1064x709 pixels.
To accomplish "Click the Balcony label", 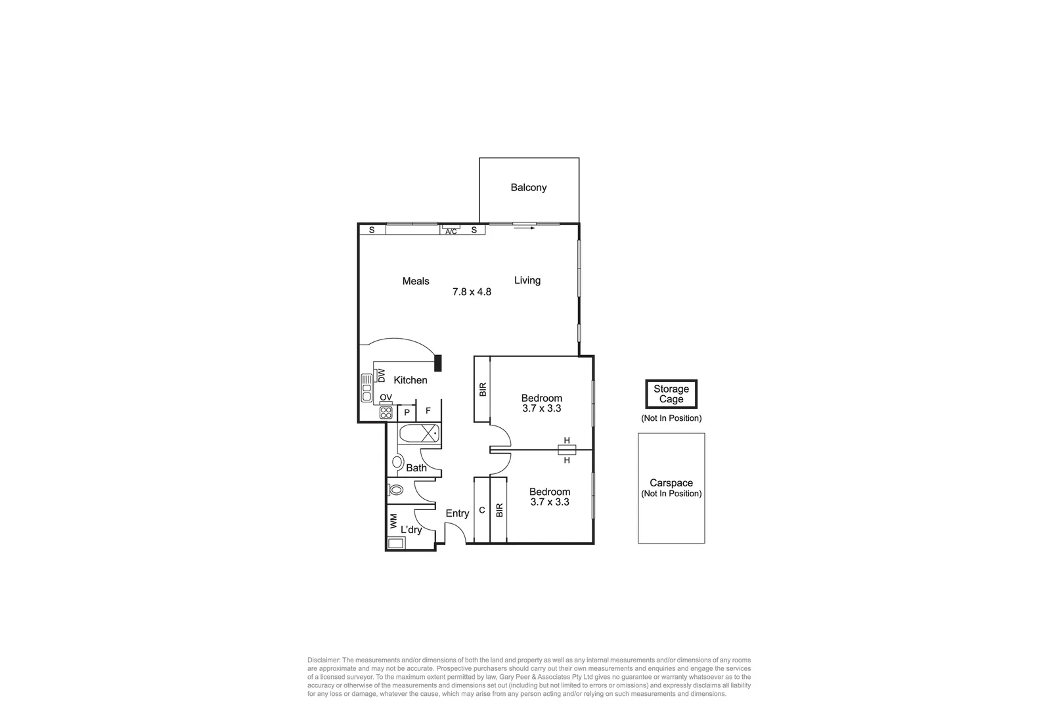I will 528,188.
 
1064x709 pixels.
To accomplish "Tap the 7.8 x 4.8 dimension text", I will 472,291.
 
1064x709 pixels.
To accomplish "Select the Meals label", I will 416,281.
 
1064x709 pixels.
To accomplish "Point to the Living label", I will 527,280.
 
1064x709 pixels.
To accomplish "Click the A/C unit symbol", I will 451,230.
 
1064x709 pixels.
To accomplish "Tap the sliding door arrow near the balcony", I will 524,228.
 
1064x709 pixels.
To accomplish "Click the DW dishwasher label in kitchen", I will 381,376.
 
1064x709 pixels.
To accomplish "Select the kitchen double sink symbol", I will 366,388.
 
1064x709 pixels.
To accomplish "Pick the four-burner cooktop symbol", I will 386,413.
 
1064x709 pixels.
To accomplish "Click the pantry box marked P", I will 407,412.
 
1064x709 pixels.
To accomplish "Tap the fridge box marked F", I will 428,412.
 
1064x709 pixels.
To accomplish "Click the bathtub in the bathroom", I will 419,433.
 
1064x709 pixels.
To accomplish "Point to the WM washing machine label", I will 393,522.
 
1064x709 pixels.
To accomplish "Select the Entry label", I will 457,513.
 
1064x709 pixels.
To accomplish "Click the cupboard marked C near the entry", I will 481,510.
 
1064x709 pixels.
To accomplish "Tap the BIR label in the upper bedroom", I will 483,389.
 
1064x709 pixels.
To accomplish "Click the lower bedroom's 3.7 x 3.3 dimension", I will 550,502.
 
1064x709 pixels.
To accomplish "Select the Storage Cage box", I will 671,395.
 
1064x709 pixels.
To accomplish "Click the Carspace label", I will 671,483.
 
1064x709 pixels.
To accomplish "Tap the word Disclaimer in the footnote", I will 323,660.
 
